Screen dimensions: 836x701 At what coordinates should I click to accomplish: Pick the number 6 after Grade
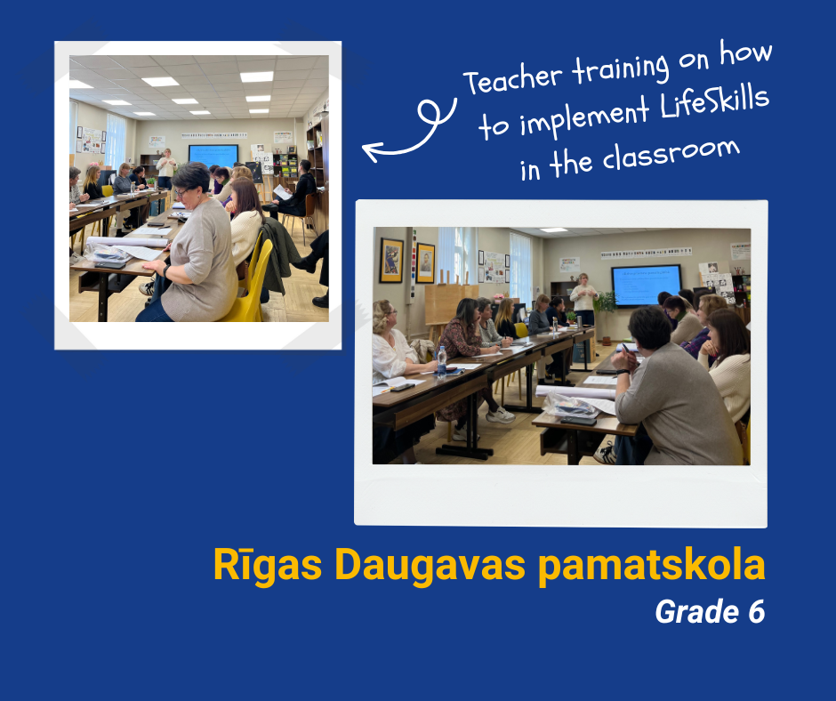tap(757, 612)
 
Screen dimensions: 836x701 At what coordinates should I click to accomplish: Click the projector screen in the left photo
tap(213, 156)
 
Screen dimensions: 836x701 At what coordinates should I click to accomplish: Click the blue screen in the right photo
tap(647, 285)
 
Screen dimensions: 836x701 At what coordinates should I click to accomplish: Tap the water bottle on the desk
tap(441, 360)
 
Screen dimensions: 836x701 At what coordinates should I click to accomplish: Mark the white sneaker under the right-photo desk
tap(500, 415)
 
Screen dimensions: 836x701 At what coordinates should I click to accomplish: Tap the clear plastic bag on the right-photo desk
tap(570, 406)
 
